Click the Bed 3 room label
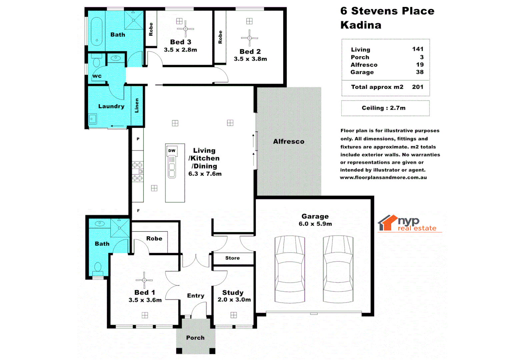click(181, 42)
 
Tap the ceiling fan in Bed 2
click(249, 38)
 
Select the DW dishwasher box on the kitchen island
click(172, 151)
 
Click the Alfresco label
click(289, 141)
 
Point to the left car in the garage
click(290, 269)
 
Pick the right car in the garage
click(338, 269)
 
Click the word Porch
click(195, 338)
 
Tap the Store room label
click(232, 258)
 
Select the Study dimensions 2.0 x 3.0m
click(234, 300)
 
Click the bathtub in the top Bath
click(97, 32)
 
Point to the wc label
click(97, 76)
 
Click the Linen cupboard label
click(137, 105)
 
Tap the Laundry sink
click(92, 119)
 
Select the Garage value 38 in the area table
click(420, 72)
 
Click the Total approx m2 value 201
click(418, 87)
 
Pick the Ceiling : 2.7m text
click(384, 108)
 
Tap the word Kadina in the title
click(361, 25)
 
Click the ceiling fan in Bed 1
click(144, 280)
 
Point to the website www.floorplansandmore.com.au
click(383, 178)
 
